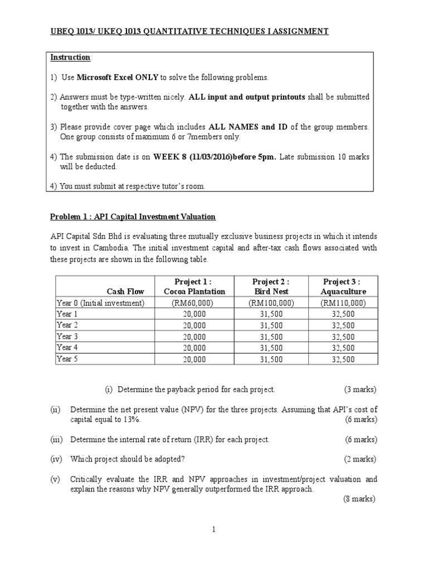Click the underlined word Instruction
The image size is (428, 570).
click(70, 58)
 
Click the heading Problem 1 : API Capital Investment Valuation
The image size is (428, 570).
click(133, 217)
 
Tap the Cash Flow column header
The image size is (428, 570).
click(125, 291)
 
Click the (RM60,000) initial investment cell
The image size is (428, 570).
click(194, 303)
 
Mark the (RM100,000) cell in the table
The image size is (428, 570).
click(271, 303)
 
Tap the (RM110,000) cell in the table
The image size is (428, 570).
click(343, 303)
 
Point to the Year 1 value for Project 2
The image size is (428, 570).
click(271, 315)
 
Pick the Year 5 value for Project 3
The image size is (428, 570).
click(343, 360)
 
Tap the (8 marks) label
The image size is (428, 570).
click(359, 499)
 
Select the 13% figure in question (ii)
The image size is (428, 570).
click(134, 419)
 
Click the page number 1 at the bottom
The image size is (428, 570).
click(213, 529)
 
